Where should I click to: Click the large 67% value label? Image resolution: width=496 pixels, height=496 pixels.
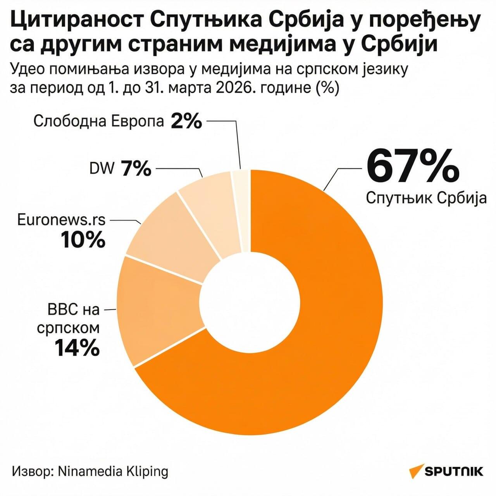tap(413, 166)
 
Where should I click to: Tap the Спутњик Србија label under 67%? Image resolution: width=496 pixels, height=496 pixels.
tap(426, 198)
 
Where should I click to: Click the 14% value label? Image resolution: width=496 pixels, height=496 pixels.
tap(77, 347)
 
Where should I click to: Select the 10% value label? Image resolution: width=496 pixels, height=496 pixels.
tap(83, 240)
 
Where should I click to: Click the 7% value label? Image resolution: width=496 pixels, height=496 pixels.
tap(136, 169)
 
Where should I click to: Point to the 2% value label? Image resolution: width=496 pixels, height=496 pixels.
tap(186, 122)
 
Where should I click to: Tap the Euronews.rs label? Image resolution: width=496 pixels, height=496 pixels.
tap(61, 220)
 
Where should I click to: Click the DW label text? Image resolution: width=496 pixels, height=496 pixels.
tap(102, 169)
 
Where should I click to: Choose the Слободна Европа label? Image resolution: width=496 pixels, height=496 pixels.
tap(98, 121)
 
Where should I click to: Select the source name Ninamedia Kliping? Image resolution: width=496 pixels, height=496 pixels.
tap(113, 471)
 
